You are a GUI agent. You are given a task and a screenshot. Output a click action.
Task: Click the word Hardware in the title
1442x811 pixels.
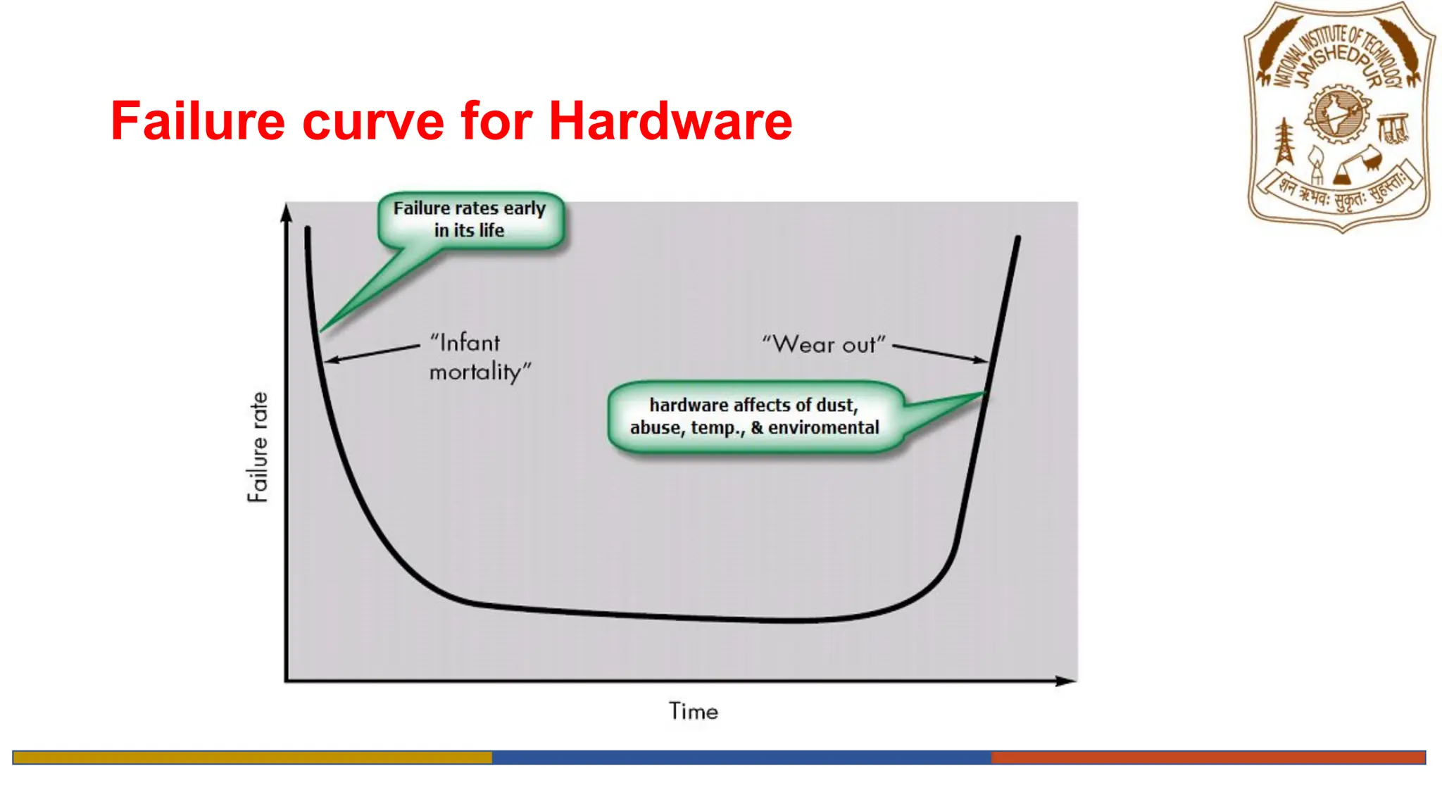click(670, 121)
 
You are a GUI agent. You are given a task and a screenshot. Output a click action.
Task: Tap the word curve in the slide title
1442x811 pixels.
click(373, 121)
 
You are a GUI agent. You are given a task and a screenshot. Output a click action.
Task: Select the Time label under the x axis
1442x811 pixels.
click(694, 711)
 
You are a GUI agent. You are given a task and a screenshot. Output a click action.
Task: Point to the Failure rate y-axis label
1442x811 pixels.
click(258, 447)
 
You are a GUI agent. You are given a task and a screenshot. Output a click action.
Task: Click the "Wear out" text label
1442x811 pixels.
click(823, 344)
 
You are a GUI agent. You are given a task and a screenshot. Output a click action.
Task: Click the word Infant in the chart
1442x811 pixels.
click(465, 343)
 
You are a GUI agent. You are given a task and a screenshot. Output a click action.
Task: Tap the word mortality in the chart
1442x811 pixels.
click(479, 372)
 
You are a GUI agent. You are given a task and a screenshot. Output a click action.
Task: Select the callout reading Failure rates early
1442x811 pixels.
click(470, 219)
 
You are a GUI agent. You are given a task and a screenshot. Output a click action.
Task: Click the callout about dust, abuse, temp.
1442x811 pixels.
click(754, 416)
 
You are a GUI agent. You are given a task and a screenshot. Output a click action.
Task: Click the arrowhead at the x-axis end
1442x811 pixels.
click(1067, 681)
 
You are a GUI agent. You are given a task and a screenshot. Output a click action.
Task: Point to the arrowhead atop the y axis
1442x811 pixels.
click(287, 212)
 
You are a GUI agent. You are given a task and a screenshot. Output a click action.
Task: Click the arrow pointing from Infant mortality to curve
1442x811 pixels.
click(373, 353)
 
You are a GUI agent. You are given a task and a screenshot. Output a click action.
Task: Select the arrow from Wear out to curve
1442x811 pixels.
click(940, 353)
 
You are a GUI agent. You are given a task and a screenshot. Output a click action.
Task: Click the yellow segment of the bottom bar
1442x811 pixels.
click(252, 757)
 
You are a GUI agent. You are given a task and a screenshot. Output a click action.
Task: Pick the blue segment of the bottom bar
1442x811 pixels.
click(741, 757)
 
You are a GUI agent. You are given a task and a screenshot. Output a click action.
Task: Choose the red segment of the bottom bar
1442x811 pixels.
click(1208, 757)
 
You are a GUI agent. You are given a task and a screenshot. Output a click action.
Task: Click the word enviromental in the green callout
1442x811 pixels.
click(824, 427)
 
